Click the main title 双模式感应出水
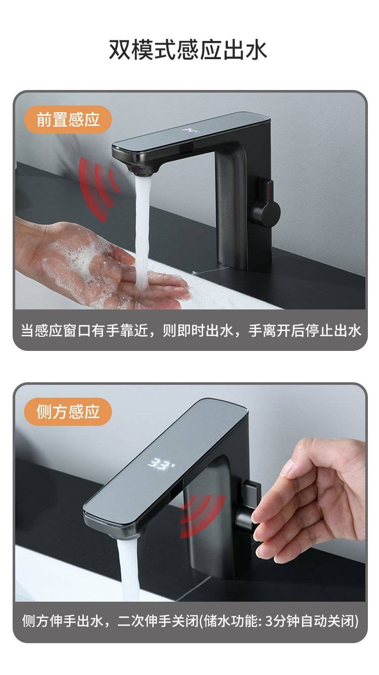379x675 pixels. pos(187,50)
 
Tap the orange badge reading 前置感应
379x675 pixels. pos(68,120)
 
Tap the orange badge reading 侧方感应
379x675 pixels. pos(68,412)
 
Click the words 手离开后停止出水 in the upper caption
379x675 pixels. pos(305,330)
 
